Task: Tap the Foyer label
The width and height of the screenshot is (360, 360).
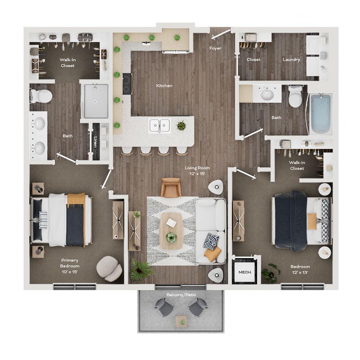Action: pyautogui.click(x=215, y=48)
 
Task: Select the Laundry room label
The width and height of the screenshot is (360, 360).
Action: pyautogui.click(x=291, y=59)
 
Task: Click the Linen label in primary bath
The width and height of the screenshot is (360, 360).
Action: pyautogui.click(x=95, y=141)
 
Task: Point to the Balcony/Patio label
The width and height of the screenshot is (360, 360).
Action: pyautogui.click(x=181, y=295)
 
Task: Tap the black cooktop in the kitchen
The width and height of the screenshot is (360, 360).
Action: pyautogui.click(x=127, y=84)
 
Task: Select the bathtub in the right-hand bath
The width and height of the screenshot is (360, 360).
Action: pyautogui.click(x=320, y=113)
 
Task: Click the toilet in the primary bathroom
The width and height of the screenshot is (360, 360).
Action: pyautogui.click(x=41, y=96)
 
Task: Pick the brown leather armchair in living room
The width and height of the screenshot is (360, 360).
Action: pyautogui.click(x=171, y=187)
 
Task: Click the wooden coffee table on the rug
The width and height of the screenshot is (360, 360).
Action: pyautogui.click(x=171, y=230)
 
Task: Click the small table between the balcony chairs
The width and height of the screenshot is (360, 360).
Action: pyautogui.click(x=181, y=321)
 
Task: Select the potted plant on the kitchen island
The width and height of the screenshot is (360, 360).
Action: pyautogui.click(x=181, y=125)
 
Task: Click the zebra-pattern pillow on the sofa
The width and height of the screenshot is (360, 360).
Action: pyautogui.click(x=211, y=240)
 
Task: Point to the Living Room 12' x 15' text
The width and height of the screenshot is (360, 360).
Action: pyautogui.click(x=197, y=171)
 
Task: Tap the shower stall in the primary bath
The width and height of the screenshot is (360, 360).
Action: pyautogui.click(x=95, y=101)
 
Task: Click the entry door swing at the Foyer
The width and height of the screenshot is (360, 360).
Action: pyautogui.click(x=221, y=35)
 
